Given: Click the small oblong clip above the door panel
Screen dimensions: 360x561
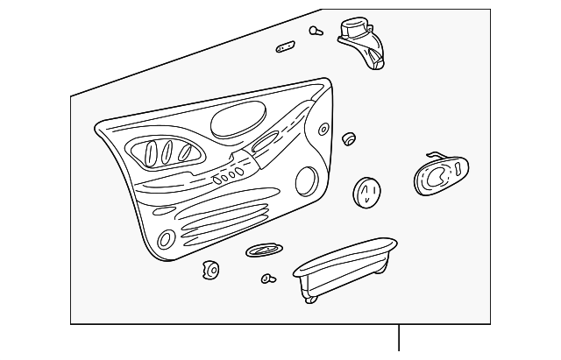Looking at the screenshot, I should (287, 46).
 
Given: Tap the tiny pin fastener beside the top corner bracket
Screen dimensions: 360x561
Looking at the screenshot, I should (314, 31).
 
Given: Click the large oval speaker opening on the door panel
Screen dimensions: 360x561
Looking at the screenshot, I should (238, 119).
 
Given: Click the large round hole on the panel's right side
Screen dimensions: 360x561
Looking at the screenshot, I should (308, 182).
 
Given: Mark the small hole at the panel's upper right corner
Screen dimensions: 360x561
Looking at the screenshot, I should (323, 130).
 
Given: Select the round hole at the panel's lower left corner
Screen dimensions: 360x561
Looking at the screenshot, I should (166, 240).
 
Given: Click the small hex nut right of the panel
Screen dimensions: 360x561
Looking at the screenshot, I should (349, 138).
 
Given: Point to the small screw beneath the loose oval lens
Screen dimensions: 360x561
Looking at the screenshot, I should (267, 279).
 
